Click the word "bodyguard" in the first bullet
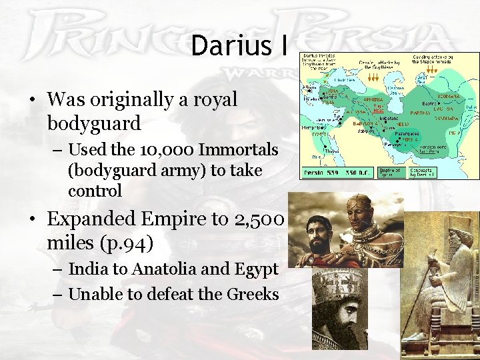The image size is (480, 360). [94, 123]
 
